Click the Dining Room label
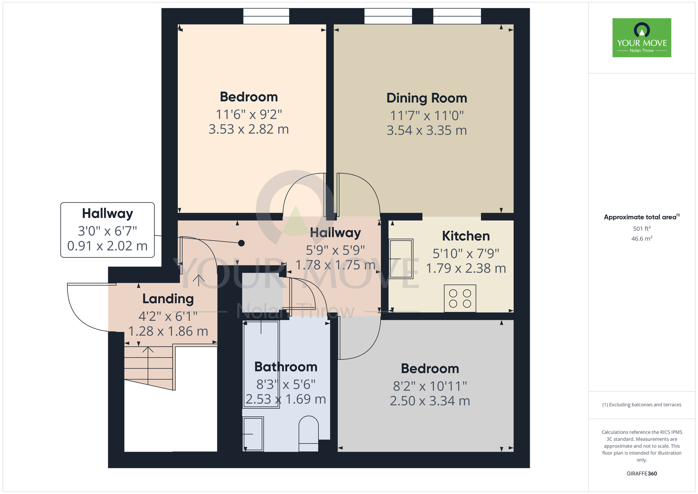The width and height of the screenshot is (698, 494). pos(426,98)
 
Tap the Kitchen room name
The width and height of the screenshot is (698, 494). pos(466,236)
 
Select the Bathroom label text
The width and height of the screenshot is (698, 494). pos(286,367)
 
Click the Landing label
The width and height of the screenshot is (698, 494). pos(168,299)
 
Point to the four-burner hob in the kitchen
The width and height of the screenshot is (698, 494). pos(460,298)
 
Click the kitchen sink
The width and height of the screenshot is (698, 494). pos(401,259)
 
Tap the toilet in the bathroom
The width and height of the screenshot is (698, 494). pos(309,433)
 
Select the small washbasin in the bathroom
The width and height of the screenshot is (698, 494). pos(253,434)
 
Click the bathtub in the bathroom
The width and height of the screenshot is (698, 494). pos(261,363)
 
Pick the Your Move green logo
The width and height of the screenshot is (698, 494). pos(641,38)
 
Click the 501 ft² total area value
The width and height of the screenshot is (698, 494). pos(641,228)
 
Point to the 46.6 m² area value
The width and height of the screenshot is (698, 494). pos(641,239)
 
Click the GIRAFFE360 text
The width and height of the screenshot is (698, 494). pos(641,474)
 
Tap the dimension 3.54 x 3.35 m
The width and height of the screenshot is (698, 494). pos(426,131)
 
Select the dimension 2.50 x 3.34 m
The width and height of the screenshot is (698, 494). pos(430,401)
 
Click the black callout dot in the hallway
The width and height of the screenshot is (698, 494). pos(241,243)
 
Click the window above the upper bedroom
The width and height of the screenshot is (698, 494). pos(266,16)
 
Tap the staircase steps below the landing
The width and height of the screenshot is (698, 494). pos(149,367)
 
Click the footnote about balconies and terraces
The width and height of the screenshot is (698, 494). pos(641,405)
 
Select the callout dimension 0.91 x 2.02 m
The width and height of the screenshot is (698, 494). pos(107,246)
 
